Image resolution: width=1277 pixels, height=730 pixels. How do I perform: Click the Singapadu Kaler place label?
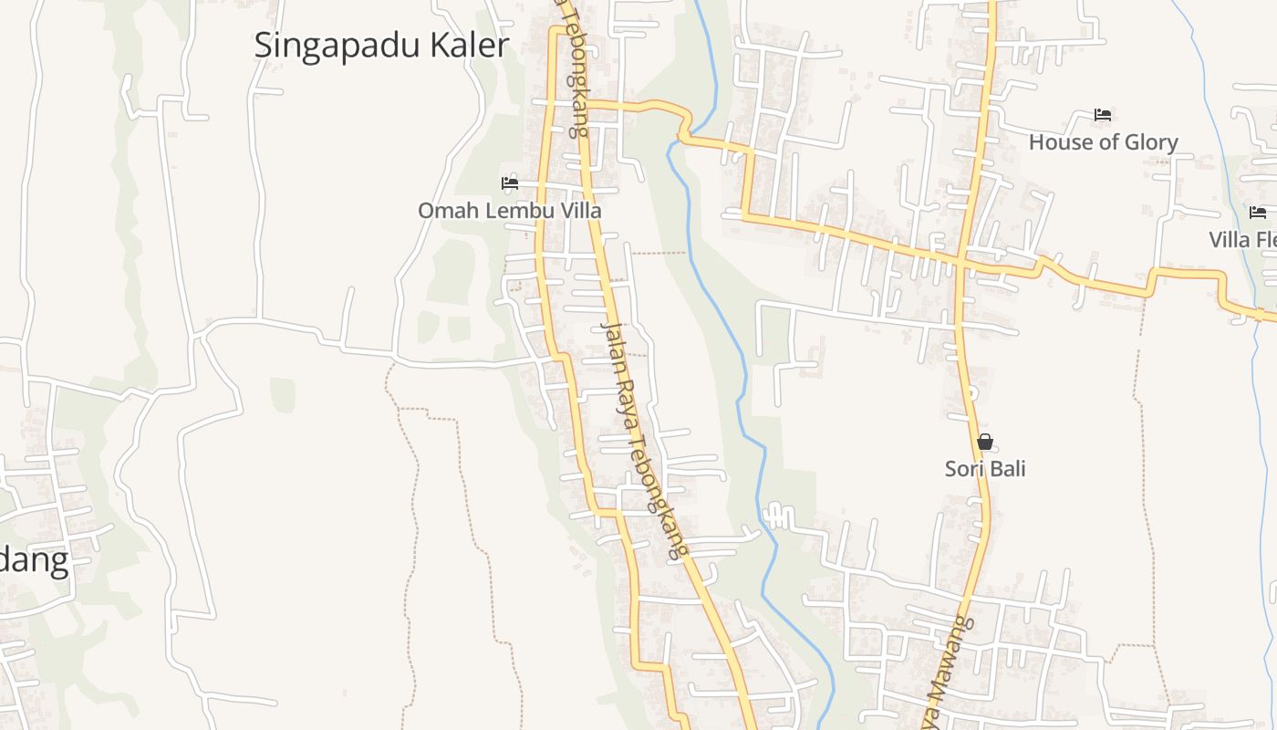381,45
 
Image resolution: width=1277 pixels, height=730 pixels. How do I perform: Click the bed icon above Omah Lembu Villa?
510,183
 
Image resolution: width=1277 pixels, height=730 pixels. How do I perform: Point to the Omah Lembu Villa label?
510,211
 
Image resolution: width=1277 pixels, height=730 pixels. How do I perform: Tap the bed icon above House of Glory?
1103,115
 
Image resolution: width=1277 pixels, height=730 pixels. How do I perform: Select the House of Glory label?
1103,142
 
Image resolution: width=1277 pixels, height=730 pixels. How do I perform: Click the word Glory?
1150,143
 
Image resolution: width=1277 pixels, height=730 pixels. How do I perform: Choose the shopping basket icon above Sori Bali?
985,443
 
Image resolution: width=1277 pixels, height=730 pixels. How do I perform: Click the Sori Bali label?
985,469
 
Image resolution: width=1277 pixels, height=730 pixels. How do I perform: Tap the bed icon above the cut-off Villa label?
1258,213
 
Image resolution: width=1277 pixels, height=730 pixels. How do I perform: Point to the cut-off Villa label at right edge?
1242,240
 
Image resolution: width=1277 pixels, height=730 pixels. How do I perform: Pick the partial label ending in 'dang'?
34,560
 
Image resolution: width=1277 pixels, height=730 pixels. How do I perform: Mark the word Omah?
441,211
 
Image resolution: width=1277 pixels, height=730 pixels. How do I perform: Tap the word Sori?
963,469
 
